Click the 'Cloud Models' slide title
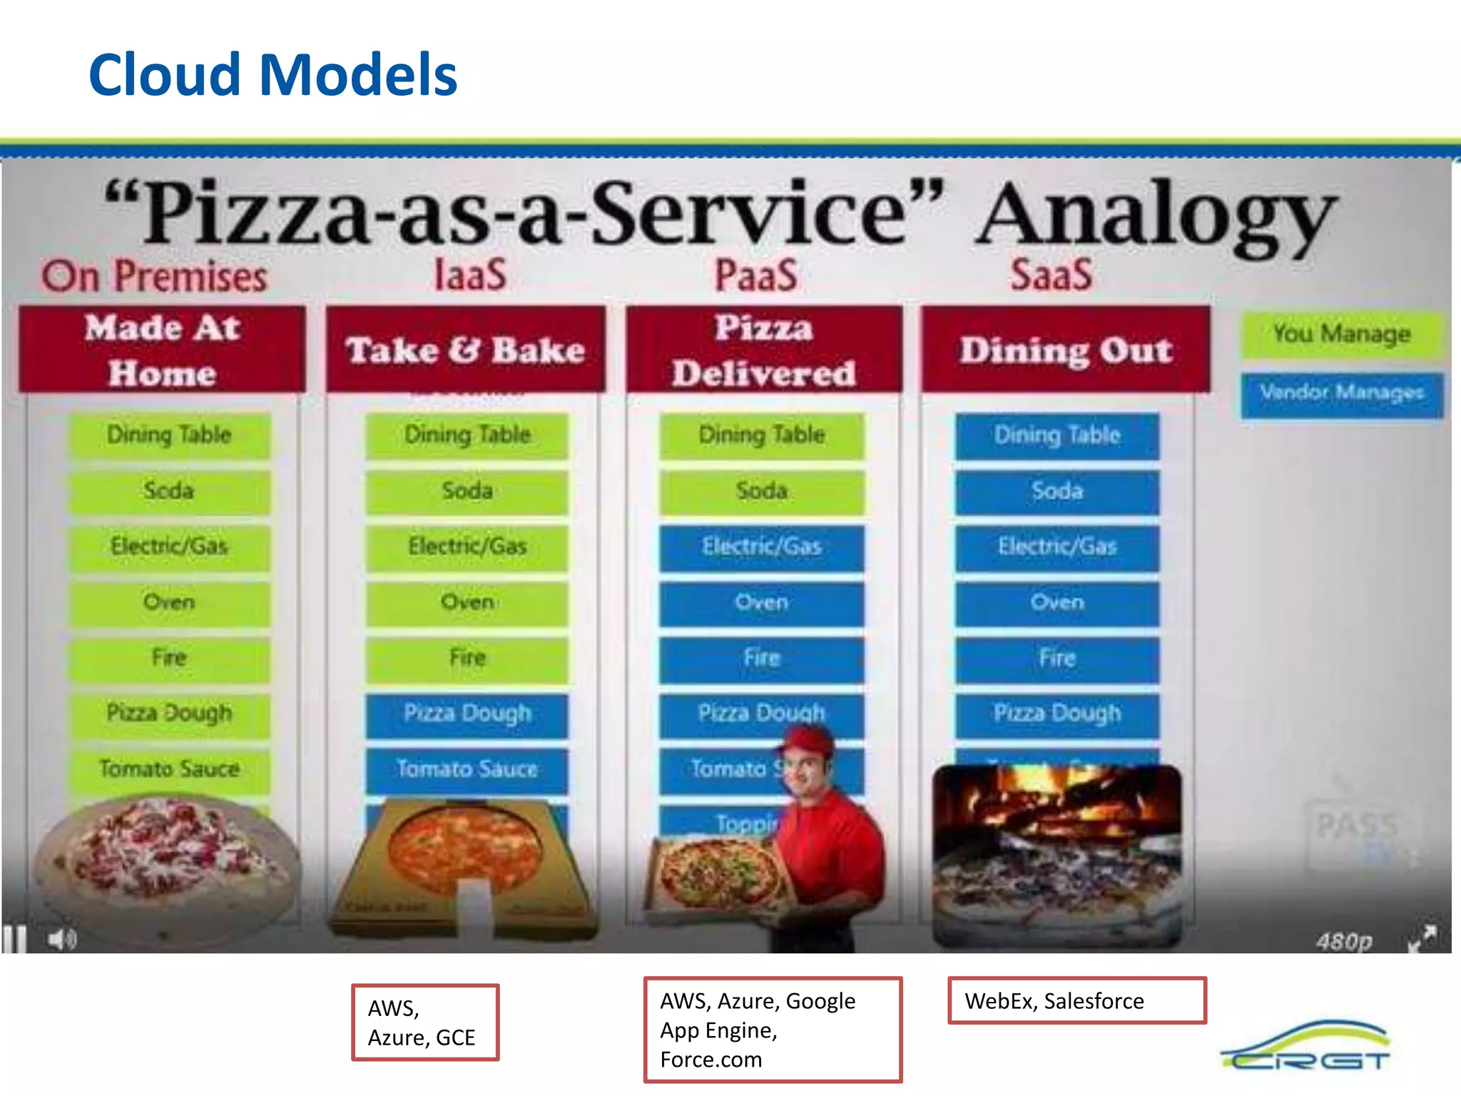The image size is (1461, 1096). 273,75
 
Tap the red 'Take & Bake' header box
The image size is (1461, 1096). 465,350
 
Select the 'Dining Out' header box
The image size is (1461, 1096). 1066,350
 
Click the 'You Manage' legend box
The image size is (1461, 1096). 1342,334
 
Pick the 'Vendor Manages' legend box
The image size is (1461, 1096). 1342,393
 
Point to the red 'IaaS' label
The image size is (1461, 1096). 471,275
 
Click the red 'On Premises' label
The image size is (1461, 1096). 154,276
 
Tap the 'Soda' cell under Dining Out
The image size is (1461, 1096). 1057,491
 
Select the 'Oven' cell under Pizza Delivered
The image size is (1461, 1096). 761,603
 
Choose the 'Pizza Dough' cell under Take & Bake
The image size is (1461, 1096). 467,714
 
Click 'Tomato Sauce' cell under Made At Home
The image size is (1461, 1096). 170,769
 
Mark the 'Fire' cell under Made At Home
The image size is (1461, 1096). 170,658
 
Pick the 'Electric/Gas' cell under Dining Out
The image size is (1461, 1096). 1057,547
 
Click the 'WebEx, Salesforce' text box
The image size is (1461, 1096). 1076,1001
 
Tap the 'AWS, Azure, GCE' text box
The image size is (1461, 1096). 425,1023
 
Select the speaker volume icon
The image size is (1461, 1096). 62,939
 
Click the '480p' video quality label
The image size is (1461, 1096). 1344,941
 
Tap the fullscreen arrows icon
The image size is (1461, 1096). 1422,938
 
